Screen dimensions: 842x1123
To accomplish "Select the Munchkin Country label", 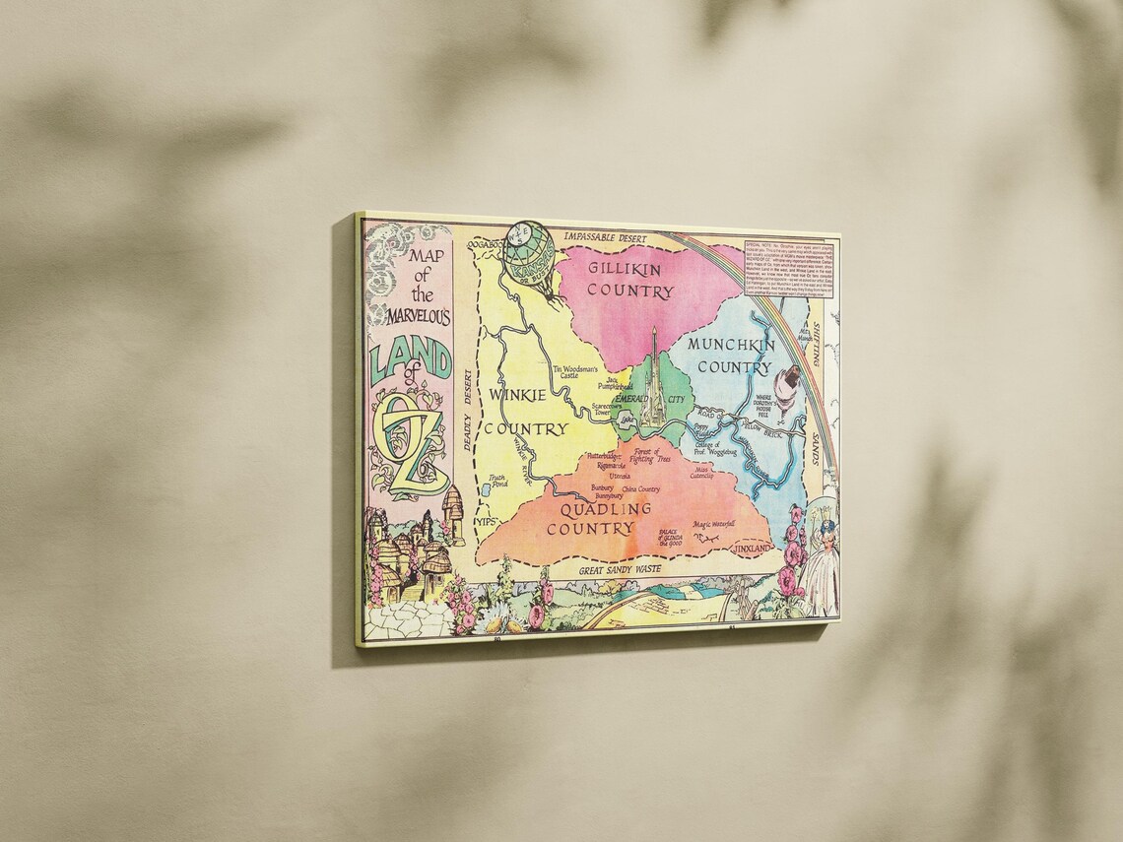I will point(730,356).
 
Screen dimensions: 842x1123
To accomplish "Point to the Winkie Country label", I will point(526,412).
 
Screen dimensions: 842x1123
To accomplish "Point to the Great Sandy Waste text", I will point(620,569).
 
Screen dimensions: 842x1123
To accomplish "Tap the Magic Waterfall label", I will point(715,525).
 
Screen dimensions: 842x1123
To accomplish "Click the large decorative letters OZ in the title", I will point(414,443).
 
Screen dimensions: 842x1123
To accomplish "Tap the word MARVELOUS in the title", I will point(413,318).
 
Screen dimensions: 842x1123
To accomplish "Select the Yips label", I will point(484,521).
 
